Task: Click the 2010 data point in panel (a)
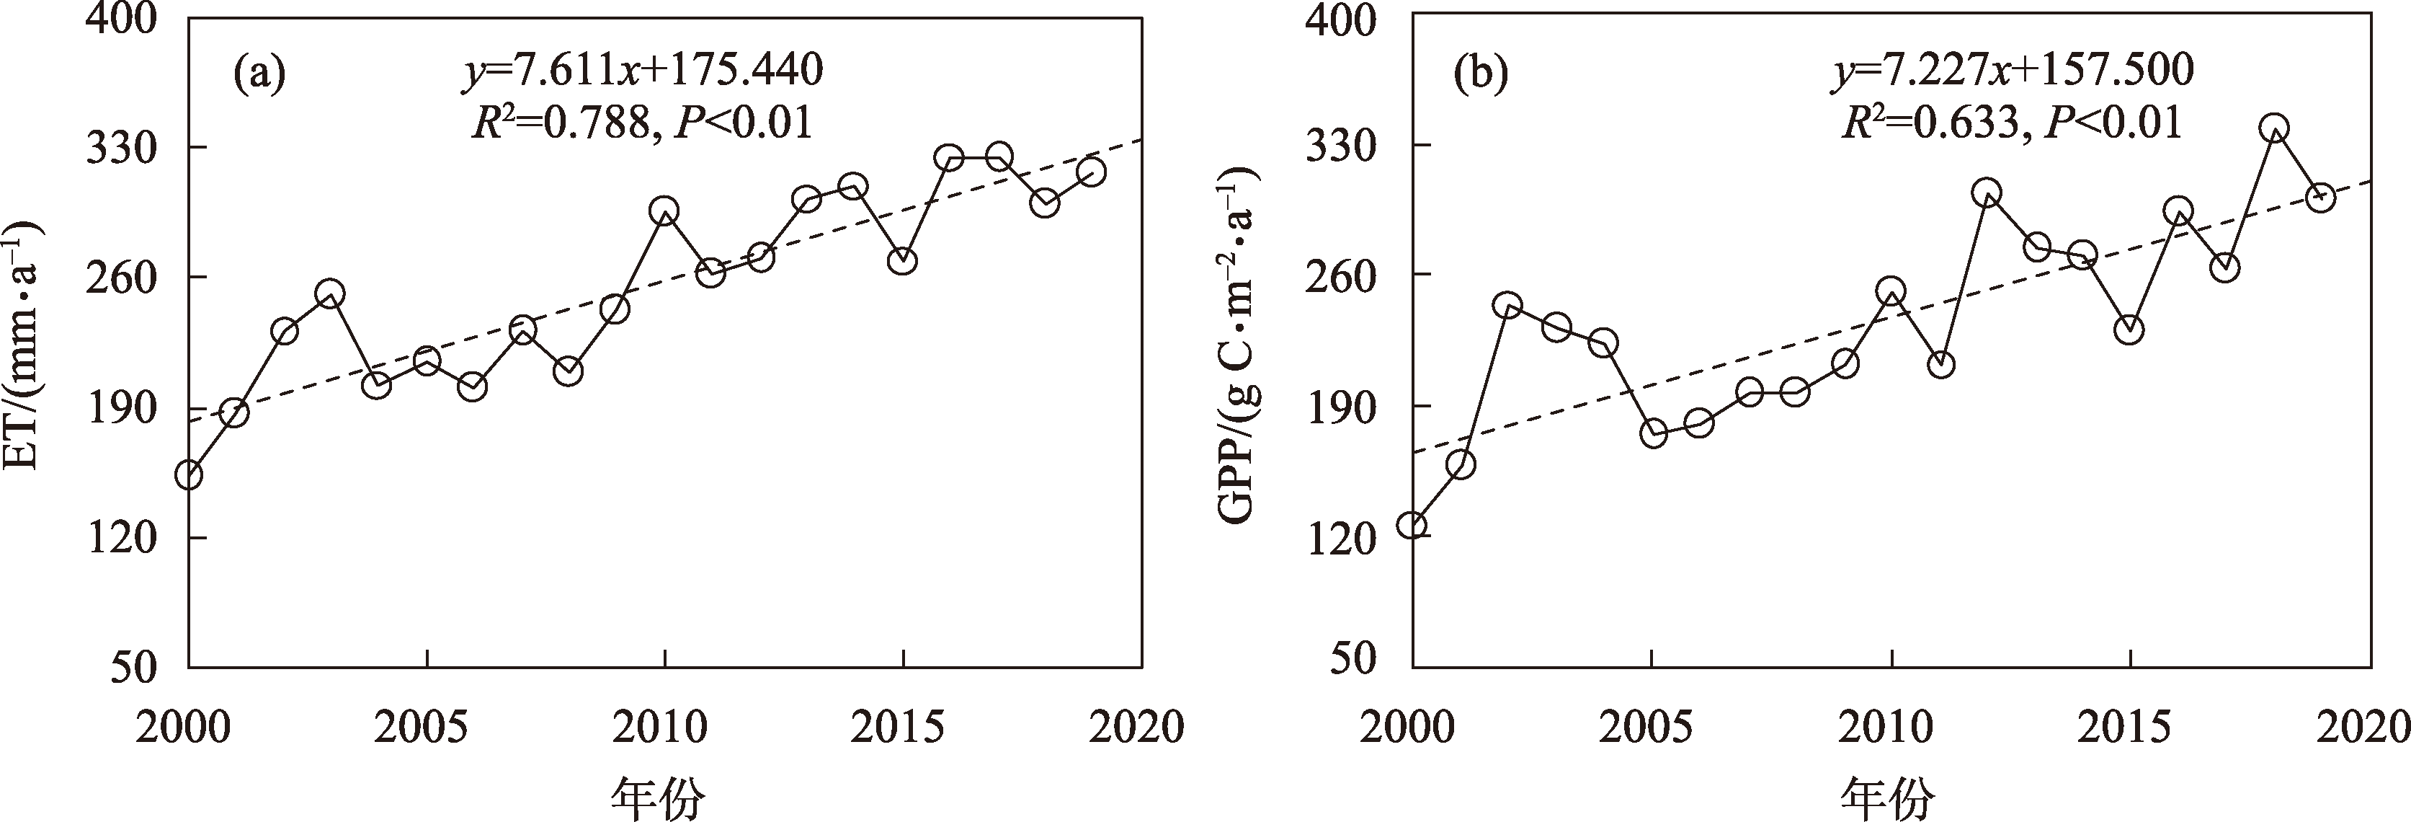(664, 211)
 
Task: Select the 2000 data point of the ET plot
(189, 474)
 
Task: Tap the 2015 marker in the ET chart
(902, 261)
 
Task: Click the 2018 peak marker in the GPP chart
(2273, 128)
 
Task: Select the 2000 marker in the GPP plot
(1412, 524)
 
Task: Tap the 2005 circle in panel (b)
(1654, 433)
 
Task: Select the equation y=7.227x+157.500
(2013, 71)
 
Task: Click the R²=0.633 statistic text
(1930, 123)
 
